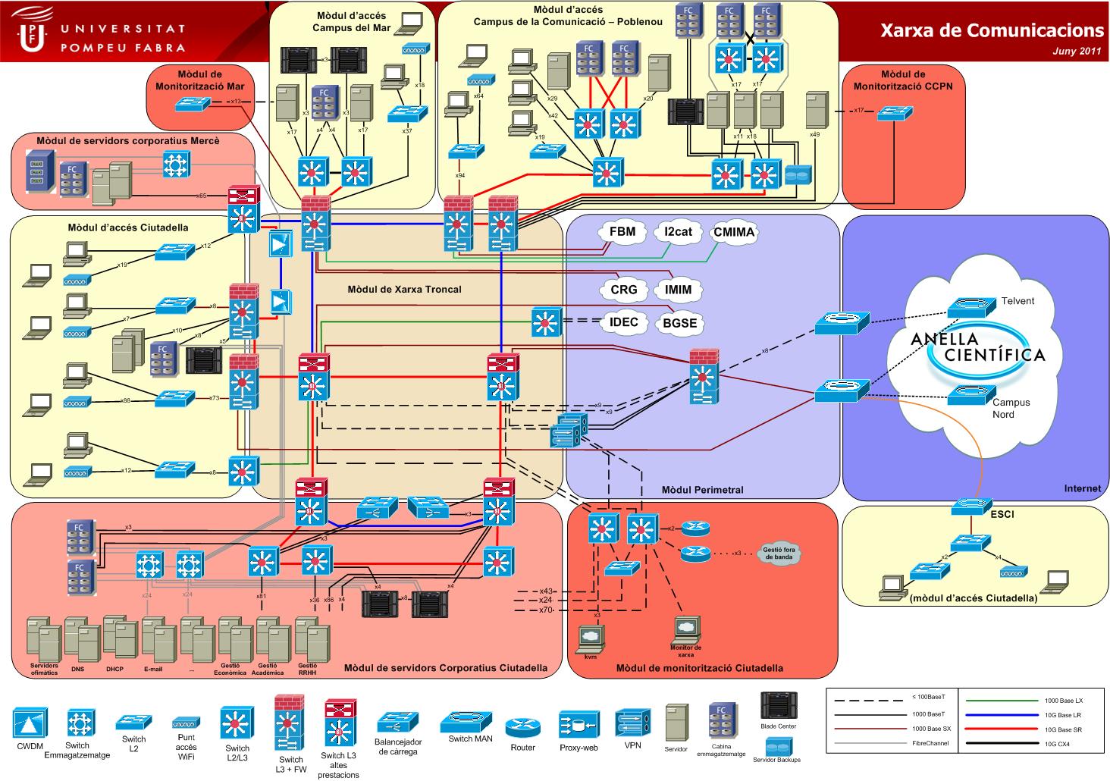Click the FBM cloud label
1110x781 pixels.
coord(622,232)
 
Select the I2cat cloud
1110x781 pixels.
coord(677,232)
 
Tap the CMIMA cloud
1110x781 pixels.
coord(734,232)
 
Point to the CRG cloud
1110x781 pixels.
coord(623,290)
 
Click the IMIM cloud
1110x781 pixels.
coord(678,290)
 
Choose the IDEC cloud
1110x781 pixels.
coord(623,322)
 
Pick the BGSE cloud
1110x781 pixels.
coord(679,323)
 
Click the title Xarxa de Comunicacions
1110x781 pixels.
coord(992,30)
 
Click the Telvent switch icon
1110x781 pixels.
coord(970,306)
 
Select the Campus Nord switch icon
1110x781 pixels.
coord(970,396)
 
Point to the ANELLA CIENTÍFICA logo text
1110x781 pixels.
coord(977,347)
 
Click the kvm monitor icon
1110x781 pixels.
coord(590,636)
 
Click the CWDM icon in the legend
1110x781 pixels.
coord(30,724)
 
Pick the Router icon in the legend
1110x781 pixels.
coord(522,729)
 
